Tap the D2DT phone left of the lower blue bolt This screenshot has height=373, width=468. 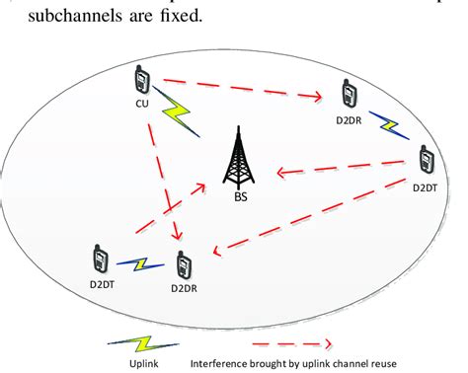tap(100, 260)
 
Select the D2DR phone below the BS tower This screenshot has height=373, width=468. tap(184, 264)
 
